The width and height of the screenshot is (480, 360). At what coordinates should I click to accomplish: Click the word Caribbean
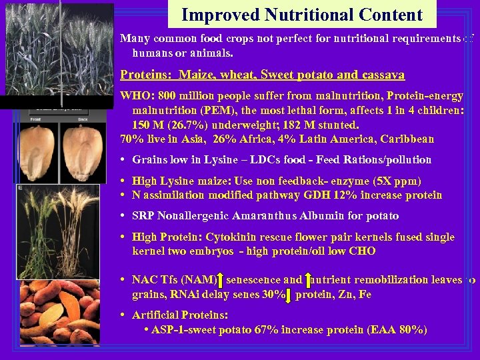point(403,139)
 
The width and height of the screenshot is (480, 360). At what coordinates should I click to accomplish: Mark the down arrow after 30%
point(288,295)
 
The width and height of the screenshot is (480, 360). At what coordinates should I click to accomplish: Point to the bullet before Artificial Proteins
point(125,315)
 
